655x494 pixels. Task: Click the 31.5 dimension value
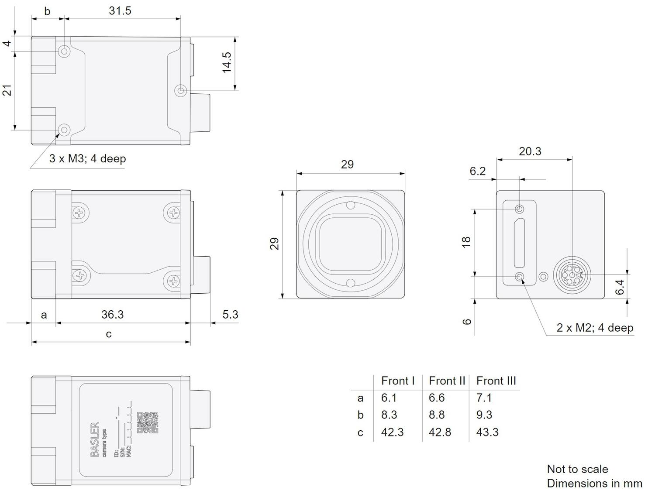click(120, 11)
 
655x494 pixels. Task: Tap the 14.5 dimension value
click(227, 62)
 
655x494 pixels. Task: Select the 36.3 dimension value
click(113, 315)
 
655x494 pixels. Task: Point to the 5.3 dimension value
click(230, 315)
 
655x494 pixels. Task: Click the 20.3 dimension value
click(530, 151)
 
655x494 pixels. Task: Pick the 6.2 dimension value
click(478, 171)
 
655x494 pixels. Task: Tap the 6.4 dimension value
click(620, 287)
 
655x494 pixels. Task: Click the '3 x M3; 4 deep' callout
click(87, 158)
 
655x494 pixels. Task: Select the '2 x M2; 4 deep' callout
click(595, 328)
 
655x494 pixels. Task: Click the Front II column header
click(447, 381)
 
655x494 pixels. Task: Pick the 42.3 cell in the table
click(392, 432)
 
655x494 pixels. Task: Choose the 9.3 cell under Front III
click(484, 415)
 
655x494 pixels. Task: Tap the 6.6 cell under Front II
click(437, 398)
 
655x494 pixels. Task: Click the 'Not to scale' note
click(577, 469)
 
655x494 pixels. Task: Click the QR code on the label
click(148, 423)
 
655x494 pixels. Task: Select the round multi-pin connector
click(572, 275)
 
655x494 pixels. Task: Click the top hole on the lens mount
click(350, 205)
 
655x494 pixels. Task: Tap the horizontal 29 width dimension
click(347, 165)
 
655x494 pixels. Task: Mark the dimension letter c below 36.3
click(109, 334)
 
